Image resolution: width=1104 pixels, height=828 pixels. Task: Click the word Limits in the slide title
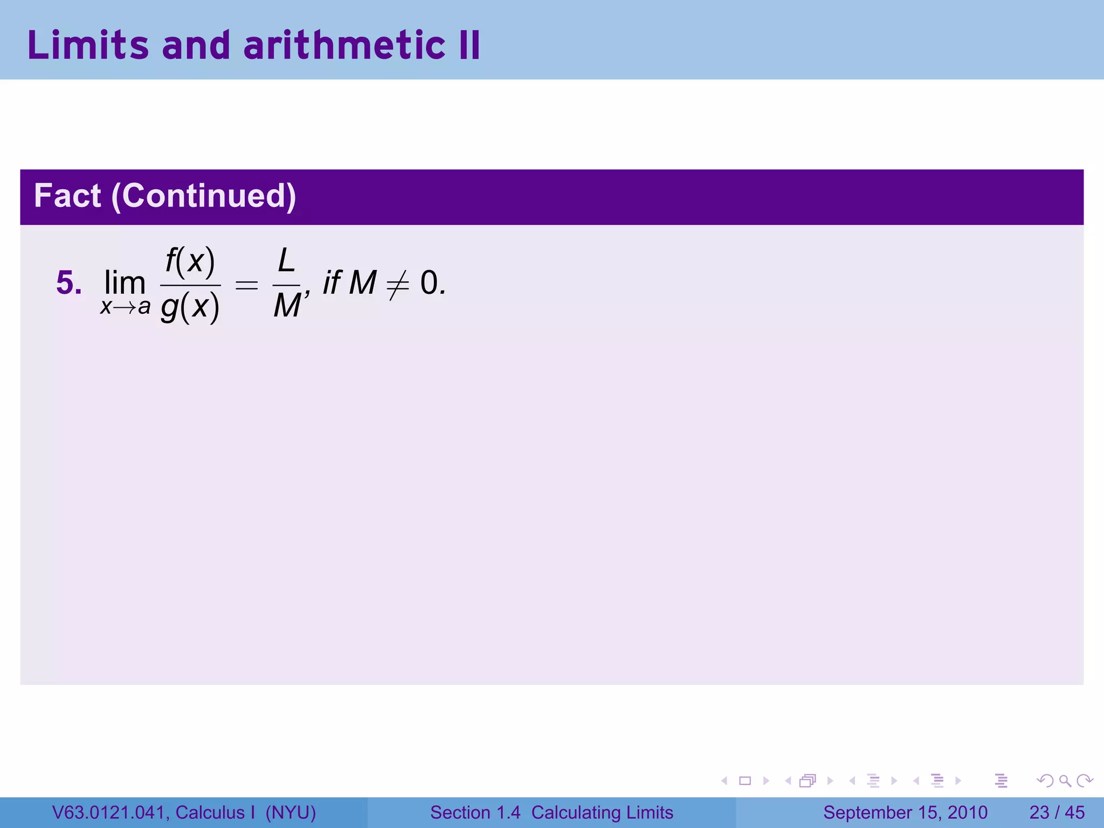(x=88, y=45)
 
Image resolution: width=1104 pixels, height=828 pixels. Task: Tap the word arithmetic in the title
(x=344, y=45)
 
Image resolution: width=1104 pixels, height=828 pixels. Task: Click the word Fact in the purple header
(x=67, y=196)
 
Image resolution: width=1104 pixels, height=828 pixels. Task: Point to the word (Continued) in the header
(x=204, y=196)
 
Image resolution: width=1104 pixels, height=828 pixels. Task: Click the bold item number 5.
(x=69, y=283)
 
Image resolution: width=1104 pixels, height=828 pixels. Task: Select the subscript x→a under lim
(x=125, y=307)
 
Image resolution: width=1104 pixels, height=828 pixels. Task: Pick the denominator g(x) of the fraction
(x=190, y=307)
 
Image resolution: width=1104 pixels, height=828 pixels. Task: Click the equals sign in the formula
(x=247, y=285)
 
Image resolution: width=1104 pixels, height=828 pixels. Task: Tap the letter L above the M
(x=286, y=261)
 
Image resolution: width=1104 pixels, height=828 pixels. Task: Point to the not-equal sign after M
(x=398, y=284)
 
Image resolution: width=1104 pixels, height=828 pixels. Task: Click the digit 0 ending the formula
(x=430, y=283)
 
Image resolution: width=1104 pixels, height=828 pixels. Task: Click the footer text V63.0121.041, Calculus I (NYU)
(x=184, y=812)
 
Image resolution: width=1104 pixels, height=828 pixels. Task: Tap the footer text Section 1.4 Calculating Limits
(x=551, y=812)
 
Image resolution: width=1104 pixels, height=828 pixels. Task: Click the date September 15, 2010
(x=905, y=812)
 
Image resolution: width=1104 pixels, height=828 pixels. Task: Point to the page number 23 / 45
(x=1057, y=812)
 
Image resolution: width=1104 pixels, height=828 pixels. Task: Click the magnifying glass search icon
(x=1065, y=781)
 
